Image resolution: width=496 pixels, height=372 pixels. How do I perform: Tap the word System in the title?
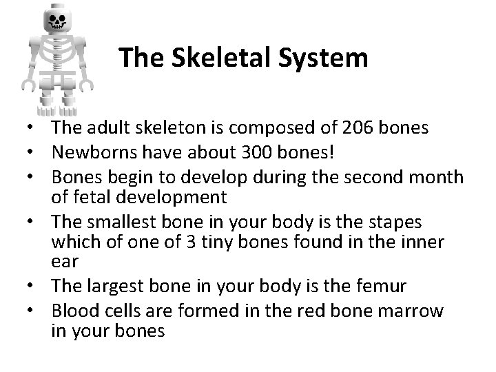(324, 58)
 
